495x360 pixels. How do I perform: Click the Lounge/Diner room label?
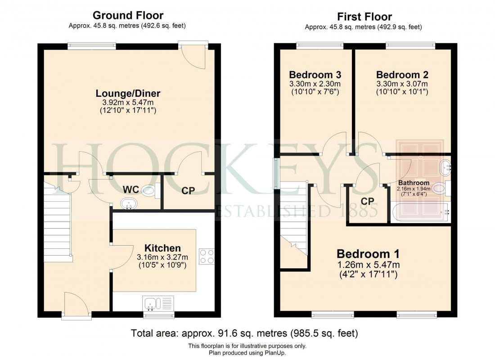point(128,94)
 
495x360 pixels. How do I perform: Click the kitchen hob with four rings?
point(207,256)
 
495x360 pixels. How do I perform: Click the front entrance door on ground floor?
point(76,306)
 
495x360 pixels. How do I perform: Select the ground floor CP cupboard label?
point(188,191)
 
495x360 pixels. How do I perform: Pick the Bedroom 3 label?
point(315,75)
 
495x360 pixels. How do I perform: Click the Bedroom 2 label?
point(402,75)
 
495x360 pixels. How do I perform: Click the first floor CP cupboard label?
point(368,201)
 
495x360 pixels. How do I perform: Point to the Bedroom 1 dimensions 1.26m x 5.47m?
point(368,264)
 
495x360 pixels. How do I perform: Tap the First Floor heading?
point(364,17)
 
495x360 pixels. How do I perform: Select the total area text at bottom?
point(244,333)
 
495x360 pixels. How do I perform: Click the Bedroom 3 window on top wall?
point(319,45)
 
